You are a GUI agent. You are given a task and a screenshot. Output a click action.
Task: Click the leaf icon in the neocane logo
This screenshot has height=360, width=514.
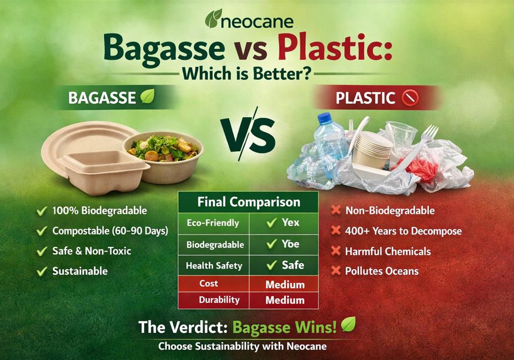tap(213, 19)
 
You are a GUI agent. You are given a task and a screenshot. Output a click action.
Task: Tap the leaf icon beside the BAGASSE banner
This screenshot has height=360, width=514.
tap(148, 97)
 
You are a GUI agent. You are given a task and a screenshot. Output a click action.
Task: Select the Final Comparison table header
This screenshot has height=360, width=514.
tap(248, 202)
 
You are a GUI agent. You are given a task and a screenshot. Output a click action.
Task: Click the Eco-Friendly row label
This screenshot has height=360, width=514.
tap(213, 223)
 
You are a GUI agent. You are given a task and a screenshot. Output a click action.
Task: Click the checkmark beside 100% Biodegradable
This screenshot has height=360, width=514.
tap(42, 211)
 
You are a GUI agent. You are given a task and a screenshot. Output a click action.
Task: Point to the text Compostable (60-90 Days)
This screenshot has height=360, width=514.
tap(110, 231)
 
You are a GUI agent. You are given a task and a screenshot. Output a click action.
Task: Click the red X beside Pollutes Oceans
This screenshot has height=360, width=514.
tap(336, 271)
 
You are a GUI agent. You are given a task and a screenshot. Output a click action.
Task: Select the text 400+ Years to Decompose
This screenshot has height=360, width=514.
tap(403, 231)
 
